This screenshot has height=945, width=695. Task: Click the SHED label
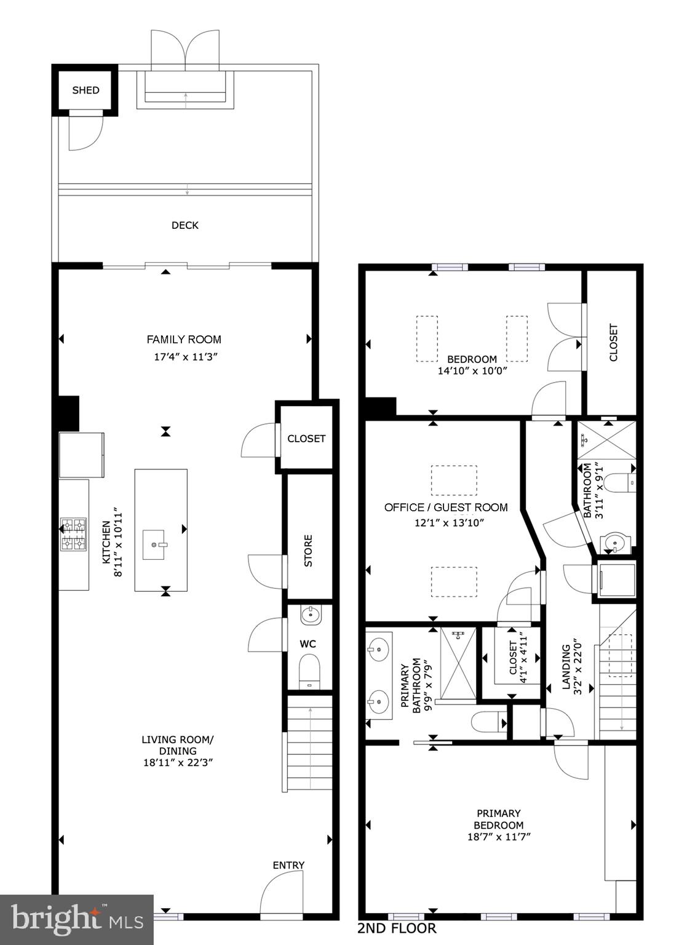pos(85,90)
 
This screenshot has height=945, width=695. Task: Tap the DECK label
pos(185,226)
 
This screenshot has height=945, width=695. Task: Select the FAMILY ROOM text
pos(184,340)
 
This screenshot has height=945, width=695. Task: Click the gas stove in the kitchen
pos(73,535)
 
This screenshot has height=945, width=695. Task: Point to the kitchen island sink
pos(154,544)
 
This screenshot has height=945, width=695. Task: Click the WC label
pos(308,644)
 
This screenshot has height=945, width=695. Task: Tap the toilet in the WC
pos(309,671)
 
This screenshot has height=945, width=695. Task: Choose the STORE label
pos(309,551)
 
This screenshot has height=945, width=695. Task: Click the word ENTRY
pos(288,865)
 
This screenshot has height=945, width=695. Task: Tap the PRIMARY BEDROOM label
pos(499,819)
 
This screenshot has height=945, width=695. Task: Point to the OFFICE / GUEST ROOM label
pos(446,508)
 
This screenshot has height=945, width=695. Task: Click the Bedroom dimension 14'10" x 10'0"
pos(472,371)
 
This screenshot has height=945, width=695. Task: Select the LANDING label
pos(565,668)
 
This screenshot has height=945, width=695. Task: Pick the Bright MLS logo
pos(77,919)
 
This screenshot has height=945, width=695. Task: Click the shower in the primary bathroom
pos(459,664)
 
